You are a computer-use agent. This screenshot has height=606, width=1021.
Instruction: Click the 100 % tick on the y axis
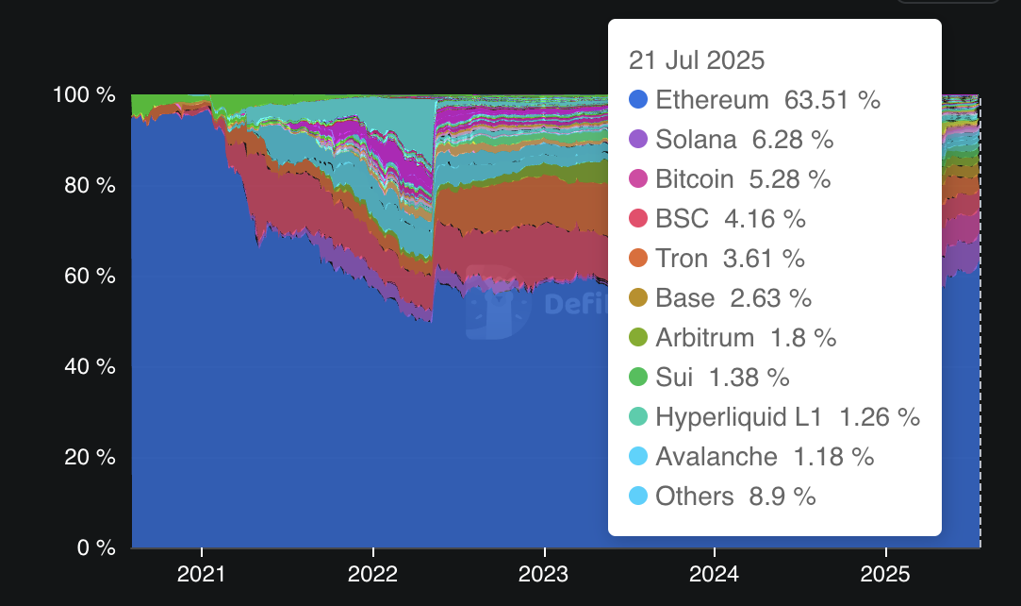pos(85,95)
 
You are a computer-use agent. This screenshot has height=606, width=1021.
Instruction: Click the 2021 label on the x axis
pos(202,574)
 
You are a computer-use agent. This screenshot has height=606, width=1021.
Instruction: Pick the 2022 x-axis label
pos(373,574)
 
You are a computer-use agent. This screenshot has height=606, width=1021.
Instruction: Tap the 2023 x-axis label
pos(544,574)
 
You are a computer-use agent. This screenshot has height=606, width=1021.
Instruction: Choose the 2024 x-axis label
pos(716,574)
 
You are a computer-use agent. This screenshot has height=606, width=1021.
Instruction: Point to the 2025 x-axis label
pos(886,574)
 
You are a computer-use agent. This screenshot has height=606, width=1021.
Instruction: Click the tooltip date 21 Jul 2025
pos(697,60)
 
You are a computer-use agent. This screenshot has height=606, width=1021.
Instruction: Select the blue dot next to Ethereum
pos(638,99)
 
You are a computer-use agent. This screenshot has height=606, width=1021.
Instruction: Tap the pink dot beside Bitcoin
pos(638,179)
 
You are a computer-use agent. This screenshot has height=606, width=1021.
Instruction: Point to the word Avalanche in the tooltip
pos(716,457)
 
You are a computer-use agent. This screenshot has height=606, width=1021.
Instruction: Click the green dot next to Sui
pos(638,378)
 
